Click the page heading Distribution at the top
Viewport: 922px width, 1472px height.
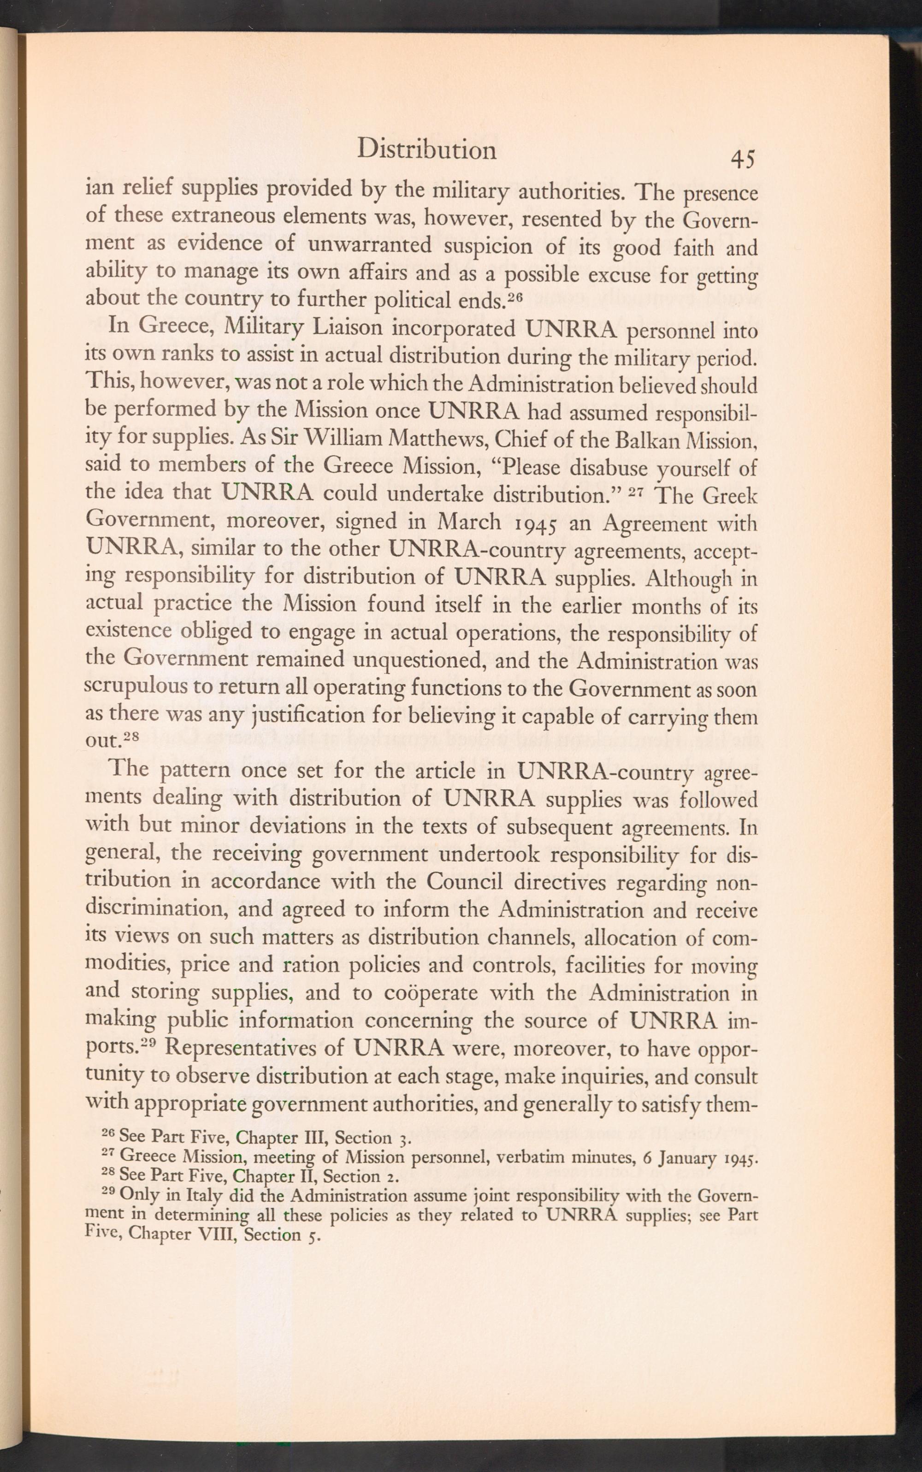pyautogui.click(x=426, y=149)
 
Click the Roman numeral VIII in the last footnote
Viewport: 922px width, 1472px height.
pyautogui.click(x=218, y=1234)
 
